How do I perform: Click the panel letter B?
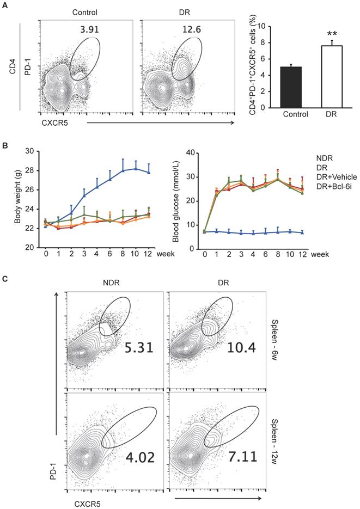pos(5,146)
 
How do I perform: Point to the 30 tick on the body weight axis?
pos(33,151)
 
